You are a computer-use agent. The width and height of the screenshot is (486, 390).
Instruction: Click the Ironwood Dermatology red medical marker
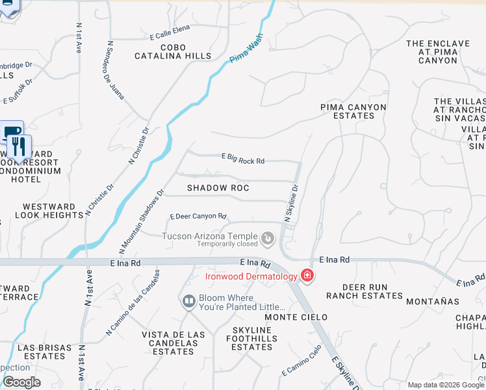click(307, 276)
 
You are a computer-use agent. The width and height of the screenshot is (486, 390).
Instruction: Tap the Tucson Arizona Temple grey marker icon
click(268, 240)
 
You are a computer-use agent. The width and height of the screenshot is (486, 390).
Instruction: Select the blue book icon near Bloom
click(188, 302)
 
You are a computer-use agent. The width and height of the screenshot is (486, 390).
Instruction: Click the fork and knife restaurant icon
click(20, 146)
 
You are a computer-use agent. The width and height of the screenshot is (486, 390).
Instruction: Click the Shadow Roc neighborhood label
click(218, 188)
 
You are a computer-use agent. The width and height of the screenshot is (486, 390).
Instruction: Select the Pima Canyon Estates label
click(353, 111)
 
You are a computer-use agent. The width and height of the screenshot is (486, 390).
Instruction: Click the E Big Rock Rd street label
click(243, 159)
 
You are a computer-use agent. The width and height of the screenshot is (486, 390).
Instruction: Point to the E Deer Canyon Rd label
click(198, 216)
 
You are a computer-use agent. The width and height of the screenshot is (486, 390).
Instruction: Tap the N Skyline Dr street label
click(291, 202)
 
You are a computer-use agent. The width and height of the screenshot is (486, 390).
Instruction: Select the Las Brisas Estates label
click(42, 352)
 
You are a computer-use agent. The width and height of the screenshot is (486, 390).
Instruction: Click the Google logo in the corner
click(21, 382)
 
